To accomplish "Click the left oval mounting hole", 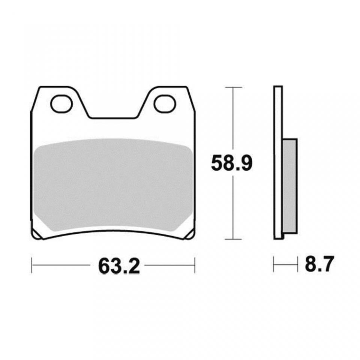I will coord(61,104).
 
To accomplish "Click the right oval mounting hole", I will coord(165,104).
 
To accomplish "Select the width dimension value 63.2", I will coord(119,265).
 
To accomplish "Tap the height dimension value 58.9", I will coord(230,163).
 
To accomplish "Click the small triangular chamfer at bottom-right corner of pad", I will coord(190,235).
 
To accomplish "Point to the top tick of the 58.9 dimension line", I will coord(233,87).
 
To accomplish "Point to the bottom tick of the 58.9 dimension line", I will coord(233,239).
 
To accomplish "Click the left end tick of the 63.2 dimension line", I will coord(32,265).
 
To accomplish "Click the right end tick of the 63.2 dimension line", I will coord(195,265).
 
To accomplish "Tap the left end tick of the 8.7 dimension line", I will coord(274,265).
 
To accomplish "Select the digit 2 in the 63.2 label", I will coord(134,265).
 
